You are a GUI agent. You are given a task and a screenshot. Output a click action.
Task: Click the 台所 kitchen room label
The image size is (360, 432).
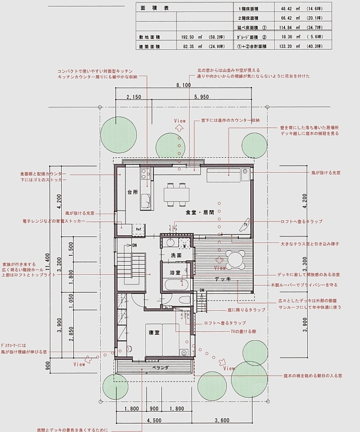[133, 193]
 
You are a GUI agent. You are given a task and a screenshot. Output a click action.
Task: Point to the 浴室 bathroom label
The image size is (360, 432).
[174, 273]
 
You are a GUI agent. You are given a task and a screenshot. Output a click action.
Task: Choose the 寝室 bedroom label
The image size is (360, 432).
[154, 332]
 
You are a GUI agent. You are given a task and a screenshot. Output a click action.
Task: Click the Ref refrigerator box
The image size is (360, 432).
[138, 229]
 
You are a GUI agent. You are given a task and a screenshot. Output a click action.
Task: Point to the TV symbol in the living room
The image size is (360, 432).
[245, 224]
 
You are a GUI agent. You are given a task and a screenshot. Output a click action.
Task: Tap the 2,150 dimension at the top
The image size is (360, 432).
[134, 97]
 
